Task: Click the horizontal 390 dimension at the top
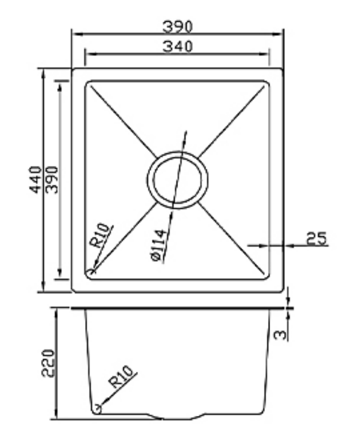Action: (x=177, y=27)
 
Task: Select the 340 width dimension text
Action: (x=177, y=47)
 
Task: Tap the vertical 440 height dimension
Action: (x=36, y=180)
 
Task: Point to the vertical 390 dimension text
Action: (x=52, y=180)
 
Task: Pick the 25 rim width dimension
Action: (x=316, y=238)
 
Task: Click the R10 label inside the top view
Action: (x=101, y=235)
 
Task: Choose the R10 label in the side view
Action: (x=122, y=376)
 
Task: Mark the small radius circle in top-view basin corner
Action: (x=91, y=272)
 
